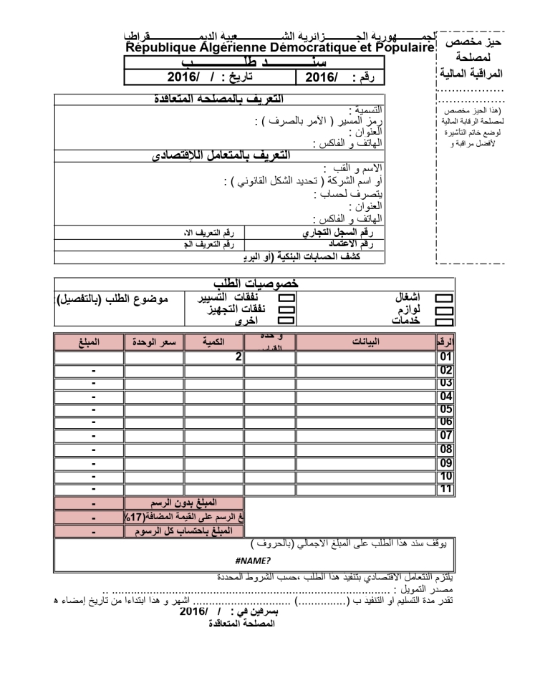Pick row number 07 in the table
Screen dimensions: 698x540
(445, 435)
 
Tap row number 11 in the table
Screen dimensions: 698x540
(445, 488)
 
